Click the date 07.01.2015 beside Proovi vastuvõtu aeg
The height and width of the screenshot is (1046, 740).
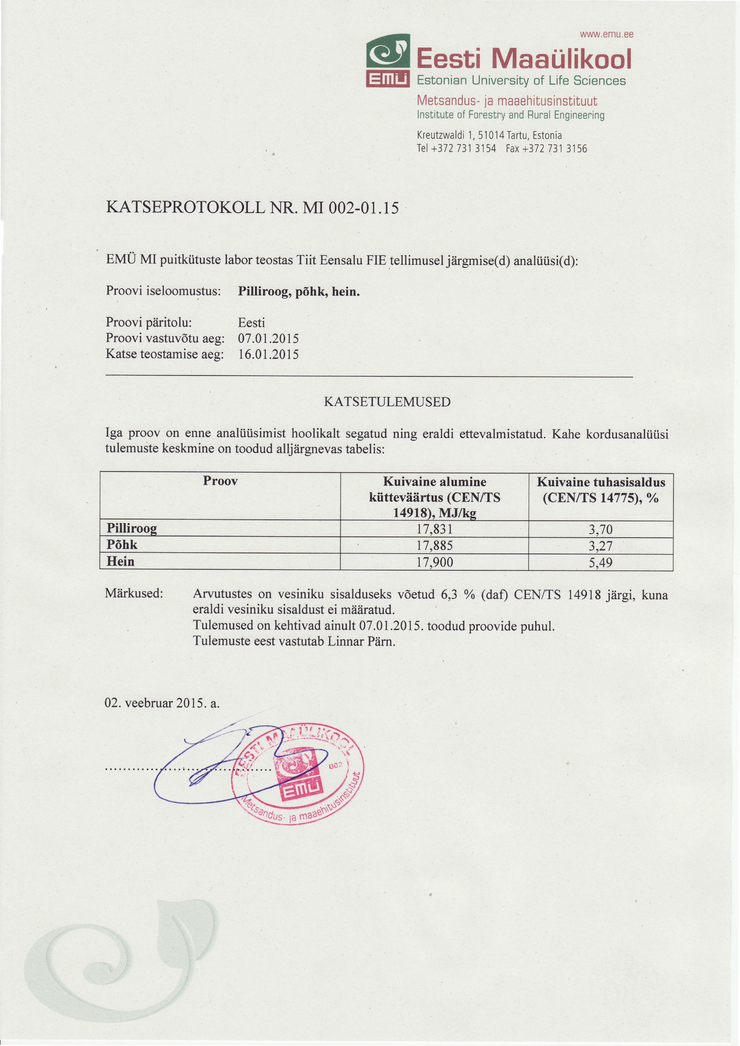[x=268, y=339]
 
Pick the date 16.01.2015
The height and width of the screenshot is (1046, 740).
[x=268, y=354]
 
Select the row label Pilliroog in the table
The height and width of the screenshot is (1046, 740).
[x=132, y=529]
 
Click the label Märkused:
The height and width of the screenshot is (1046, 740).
[x=134, y=594]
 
